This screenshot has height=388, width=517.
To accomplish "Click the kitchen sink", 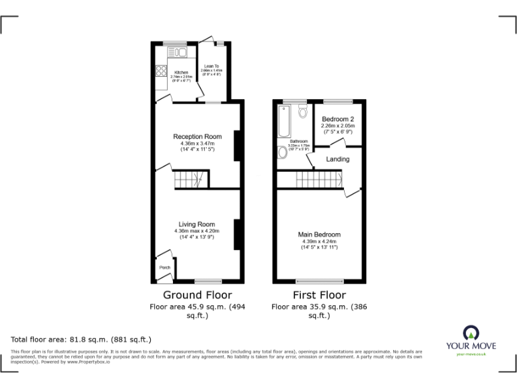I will coord(180,52).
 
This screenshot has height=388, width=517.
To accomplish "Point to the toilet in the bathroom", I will coord(302,110).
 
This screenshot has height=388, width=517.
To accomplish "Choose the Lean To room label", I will coord(211,66).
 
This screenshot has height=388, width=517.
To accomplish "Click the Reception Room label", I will coord(197,137).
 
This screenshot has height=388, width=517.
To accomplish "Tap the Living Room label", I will coord(197,224).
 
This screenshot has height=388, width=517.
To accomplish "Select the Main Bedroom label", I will coord(319,234).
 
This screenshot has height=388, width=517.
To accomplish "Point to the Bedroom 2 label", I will coord(337,119).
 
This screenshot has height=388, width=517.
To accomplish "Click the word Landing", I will coord(337,160).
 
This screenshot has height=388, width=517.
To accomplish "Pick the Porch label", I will coord(164,267).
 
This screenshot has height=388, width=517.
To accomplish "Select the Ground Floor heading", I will coord(197,295).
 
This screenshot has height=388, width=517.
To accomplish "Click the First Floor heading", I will coord(319,295).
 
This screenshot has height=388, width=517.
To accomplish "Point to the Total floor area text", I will coord(81,339).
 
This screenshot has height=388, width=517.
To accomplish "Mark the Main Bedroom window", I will coord(318,282).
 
